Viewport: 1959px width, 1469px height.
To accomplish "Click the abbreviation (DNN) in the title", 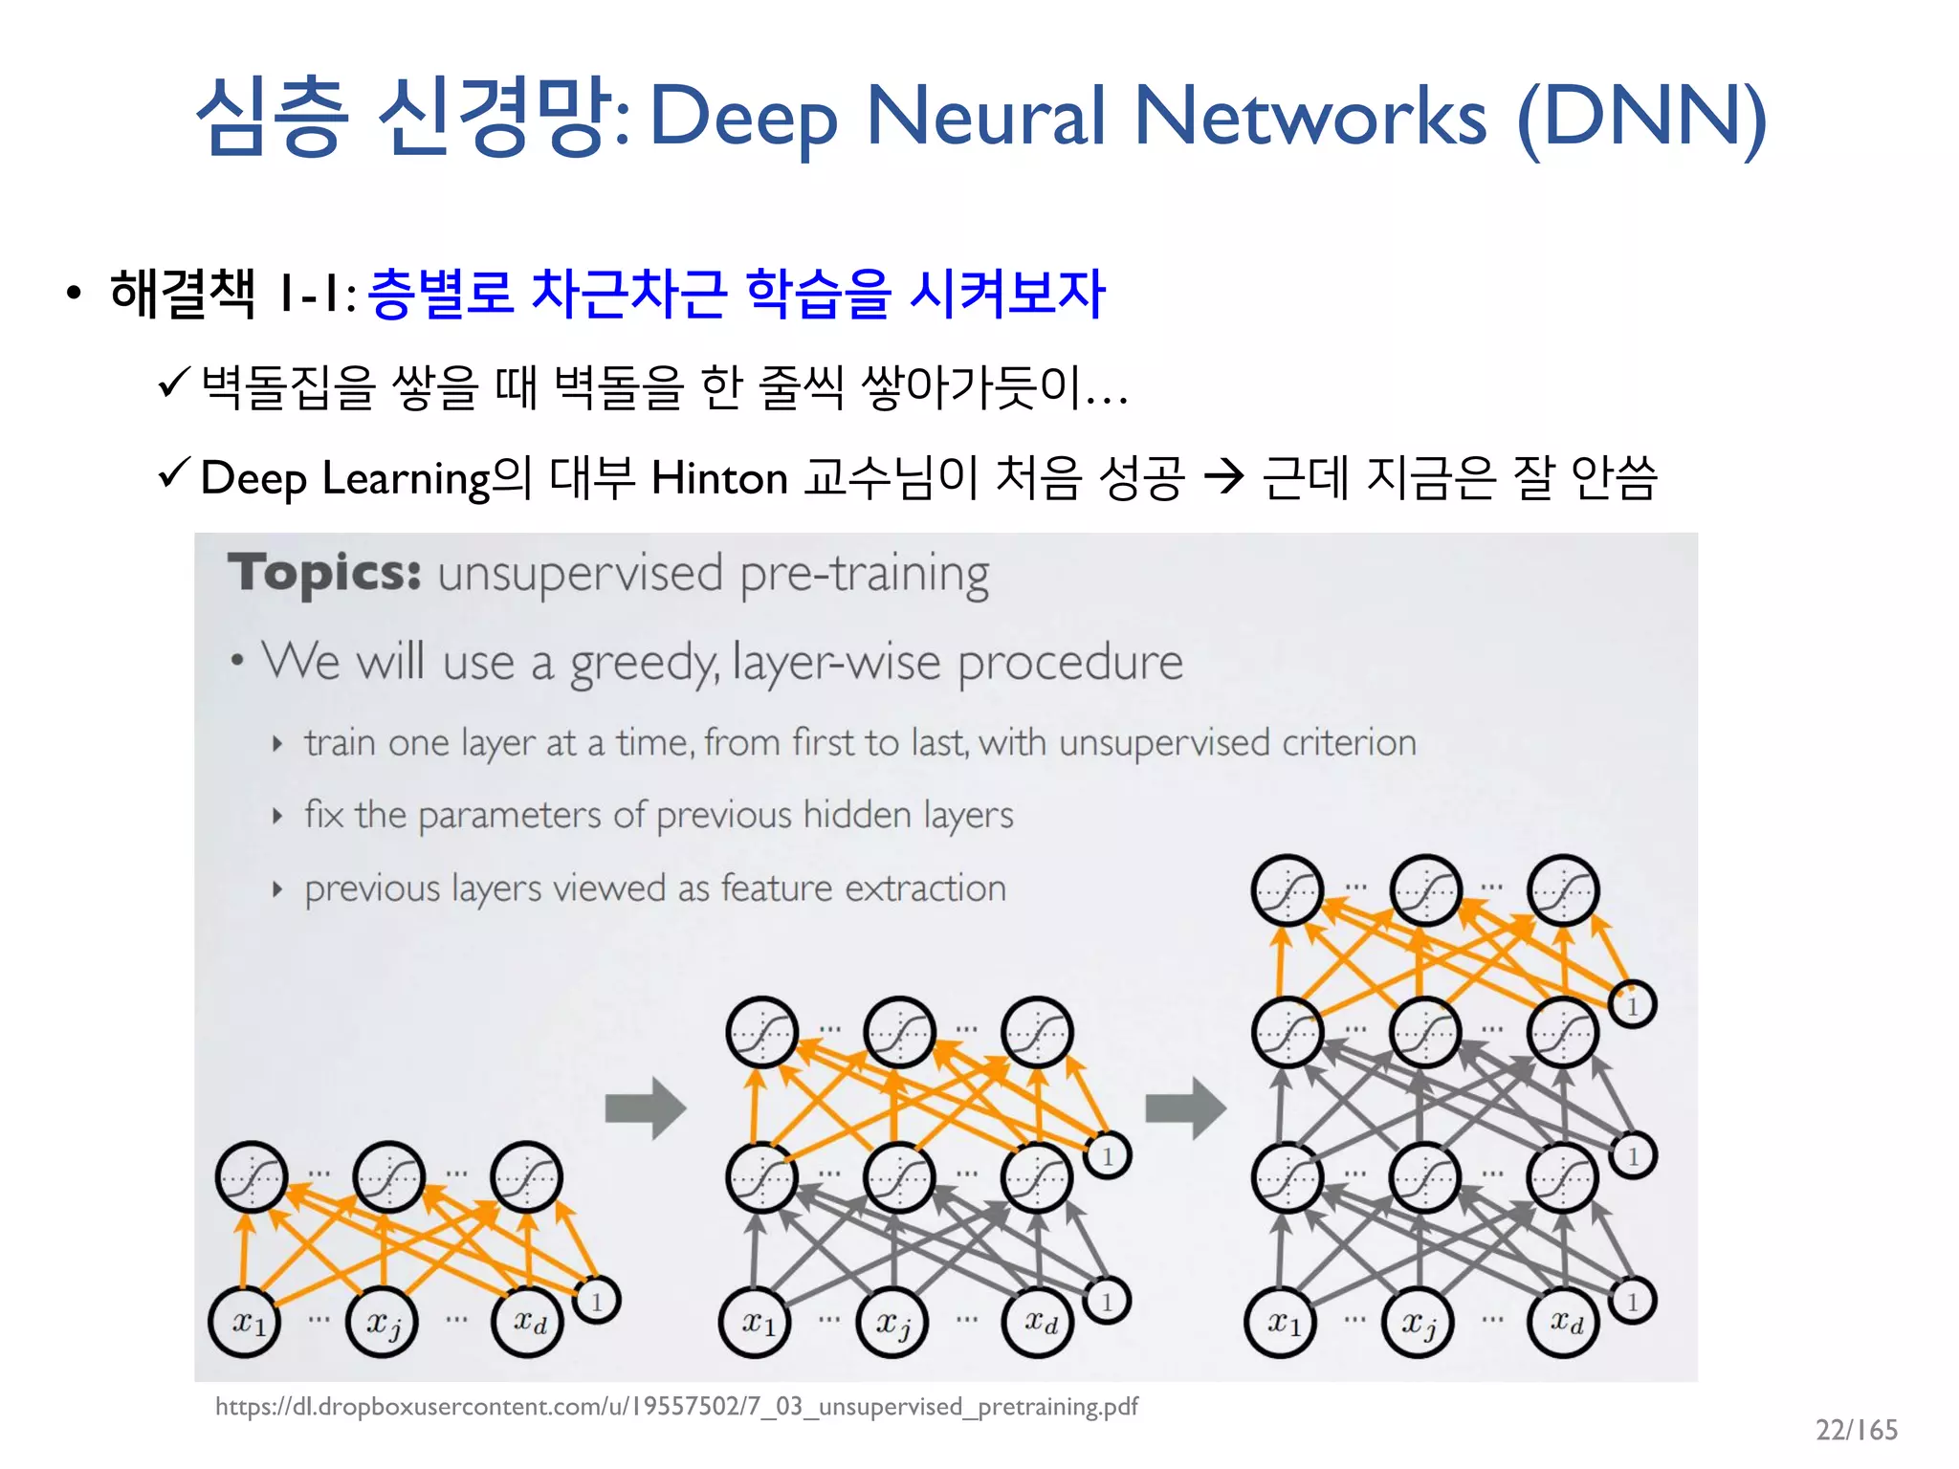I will point(1641,117).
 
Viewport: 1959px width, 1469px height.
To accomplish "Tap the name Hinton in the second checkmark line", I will point(719,478).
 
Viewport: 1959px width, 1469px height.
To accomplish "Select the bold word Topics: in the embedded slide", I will point(324,574).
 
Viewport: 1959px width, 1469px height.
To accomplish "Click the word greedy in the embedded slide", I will point(643,663).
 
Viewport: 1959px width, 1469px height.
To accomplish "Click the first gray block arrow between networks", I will point(646,1107).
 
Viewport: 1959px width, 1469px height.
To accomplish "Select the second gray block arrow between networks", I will point(1185,1107).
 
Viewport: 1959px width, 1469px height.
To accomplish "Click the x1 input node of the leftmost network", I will point(245,1323).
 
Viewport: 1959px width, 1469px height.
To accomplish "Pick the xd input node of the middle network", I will point(1038,1323).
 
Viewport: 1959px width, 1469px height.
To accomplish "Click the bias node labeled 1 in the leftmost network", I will point(597,1301).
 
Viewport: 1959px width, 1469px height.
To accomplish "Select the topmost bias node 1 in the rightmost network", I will point(1633,1005).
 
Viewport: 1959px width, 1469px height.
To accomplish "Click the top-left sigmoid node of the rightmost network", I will point(1288,890).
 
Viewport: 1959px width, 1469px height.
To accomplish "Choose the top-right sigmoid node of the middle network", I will point(1037,1032).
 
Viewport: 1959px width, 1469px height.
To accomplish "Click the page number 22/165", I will point(1856,1430).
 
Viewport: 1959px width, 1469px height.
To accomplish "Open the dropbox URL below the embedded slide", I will point(676,1407).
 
